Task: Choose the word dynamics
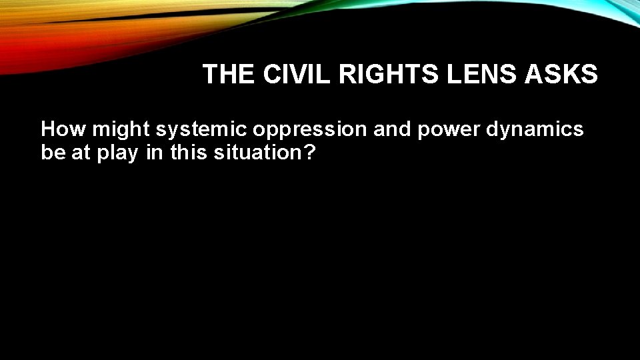(535, 130)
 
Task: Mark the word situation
(257, 153)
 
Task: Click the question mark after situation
(309, 153)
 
